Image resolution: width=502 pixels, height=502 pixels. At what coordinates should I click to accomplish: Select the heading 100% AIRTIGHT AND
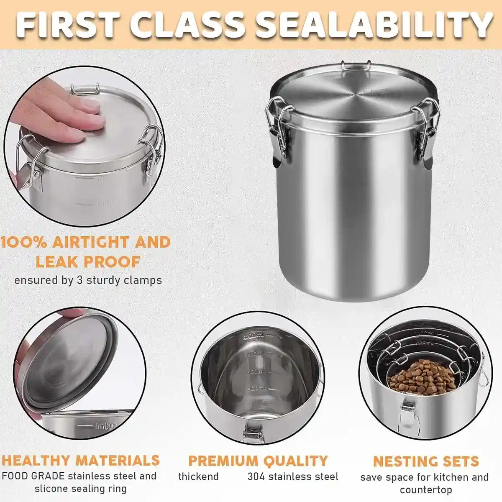click(x=86, y=242)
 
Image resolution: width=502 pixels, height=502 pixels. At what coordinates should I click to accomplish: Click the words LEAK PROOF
click(x=87, y=262)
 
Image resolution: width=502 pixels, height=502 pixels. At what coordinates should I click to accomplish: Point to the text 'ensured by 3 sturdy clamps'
click(x=88, y=280)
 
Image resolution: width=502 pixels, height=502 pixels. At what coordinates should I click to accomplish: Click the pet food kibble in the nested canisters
click(x=422, y=377)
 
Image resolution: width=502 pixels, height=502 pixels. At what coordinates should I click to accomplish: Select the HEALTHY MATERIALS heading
click(x=81, y=460)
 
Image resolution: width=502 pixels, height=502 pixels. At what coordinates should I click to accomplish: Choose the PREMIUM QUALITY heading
click(x=258, y=461)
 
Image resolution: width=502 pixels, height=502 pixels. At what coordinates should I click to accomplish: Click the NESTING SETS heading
click(x=425, y=461)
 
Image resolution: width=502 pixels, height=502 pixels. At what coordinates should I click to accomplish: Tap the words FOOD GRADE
click(x=33, y=476)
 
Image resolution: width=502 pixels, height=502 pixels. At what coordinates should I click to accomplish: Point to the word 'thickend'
click(x=198, y=476)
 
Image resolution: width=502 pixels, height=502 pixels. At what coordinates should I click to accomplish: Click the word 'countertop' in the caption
click(x=425, y=489)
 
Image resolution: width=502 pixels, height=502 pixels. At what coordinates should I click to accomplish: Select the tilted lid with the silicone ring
click(x=67, y=360)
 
